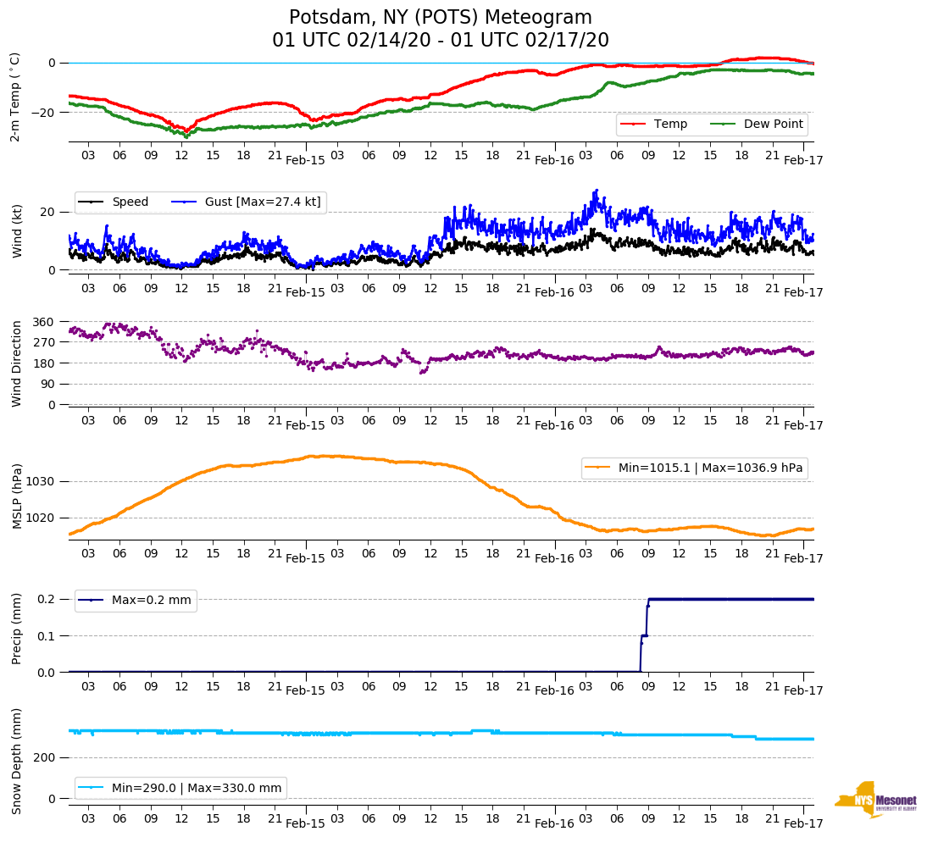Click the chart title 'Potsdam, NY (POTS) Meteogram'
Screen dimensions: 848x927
click(440, 18)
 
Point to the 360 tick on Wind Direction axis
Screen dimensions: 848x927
click(44, 322)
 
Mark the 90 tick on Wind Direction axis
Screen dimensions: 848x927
click(47, 384)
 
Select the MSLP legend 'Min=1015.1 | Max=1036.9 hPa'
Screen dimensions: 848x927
click(694, 468)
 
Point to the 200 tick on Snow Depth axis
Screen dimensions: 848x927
click(44, 758)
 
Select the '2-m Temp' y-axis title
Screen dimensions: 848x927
click(15, 96)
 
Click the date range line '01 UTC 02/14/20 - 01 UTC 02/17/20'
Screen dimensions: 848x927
click(440, 41)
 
